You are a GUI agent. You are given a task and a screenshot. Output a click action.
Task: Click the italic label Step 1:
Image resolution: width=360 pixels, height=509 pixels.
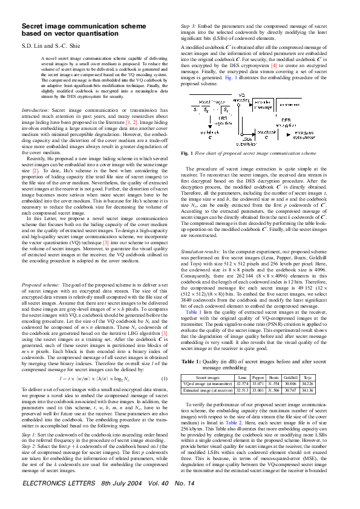pyautogui.click(x=30, y=450)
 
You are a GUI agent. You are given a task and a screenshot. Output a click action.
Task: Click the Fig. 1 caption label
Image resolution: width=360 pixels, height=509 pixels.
pyautogui.click(x=188, y=154)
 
